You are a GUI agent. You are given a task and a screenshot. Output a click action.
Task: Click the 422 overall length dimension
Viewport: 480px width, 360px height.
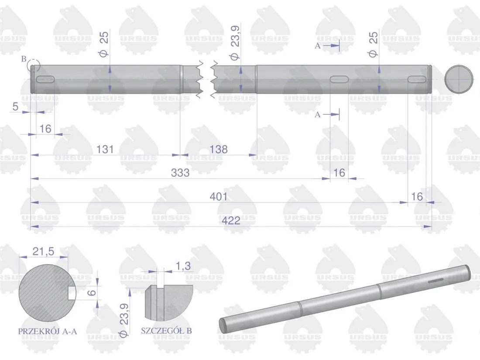pyautogui.click(x=231, y=221)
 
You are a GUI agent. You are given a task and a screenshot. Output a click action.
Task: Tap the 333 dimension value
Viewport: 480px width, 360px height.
pyautogui.click(x=180, y=173)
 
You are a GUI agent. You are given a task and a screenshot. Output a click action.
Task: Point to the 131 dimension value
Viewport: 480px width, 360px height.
pyautogui.click(x=105, y=149)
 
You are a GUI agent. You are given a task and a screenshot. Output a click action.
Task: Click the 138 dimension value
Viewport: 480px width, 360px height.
pyautogui.click(x=218, y=149)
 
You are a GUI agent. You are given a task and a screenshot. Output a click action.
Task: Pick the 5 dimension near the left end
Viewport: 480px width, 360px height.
pyautogui.click(x=15, y=106)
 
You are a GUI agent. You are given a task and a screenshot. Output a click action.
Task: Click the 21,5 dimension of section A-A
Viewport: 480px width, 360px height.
pyautogui.click(x=44, y=252)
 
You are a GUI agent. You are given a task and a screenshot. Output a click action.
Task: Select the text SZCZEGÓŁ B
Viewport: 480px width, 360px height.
pyautogui.click(x=166, y=331)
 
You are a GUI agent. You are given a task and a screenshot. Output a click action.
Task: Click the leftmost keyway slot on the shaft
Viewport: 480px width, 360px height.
pyautogui.click(x=45, y=79)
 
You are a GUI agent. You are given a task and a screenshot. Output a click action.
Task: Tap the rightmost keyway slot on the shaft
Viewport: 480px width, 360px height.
pyautogui.click(x=417, y=79)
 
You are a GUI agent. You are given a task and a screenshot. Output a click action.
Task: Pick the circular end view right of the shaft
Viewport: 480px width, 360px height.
pyautogui.click(x=459, y=79)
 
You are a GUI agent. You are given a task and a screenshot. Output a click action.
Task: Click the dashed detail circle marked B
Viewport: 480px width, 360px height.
pyautogui.click(x=34, y=67)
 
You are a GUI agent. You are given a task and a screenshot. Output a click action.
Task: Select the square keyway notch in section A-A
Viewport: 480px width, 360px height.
pyautogui.click(x=72, y=292)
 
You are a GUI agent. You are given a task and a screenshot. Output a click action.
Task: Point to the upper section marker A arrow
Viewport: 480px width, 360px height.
pyautogui.click(x=332, y=45)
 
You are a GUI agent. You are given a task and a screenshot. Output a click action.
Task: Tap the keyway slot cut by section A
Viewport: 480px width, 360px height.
pyautogui.click(x=339, y=79)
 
